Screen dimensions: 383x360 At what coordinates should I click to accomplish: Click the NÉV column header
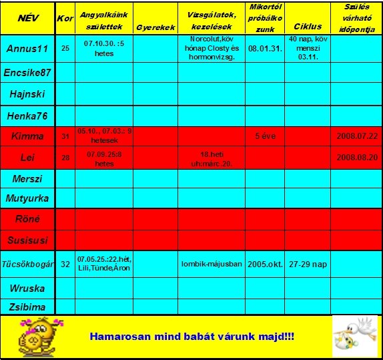click(x=27, y=18)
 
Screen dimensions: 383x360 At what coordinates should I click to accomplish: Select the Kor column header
click(x=65, y=19)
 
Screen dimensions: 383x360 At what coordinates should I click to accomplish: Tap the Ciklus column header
click(x=307, y=27)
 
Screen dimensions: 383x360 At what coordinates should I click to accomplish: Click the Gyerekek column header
click(x=155, y=28)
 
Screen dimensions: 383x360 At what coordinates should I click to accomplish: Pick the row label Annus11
click(x=27, y=49)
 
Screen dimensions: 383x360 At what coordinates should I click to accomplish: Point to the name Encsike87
click(x=27, y=72)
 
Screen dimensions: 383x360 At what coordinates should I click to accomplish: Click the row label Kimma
click(x=27, y=136)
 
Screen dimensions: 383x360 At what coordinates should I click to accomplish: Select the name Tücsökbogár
click(x=27, y=264)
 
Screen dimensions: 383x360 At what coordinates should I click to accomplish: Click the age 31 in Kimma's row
click(x=65, y=136)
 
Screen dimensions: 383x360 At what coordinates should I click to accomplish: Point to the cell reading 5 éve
click(x=266, y=136)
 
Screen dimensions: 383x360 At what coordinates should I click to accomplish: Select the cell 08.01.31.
click(x=266, y=49)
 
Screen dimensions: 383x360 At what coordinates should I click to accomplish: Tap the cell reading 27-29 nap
click(x=308, y=264)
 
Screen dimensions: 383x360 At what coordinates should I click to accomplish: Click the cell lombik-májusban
click(x=212, y=264)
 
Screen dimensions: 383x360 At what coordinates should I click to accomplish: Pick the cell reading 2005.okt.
click(x=266, y=264)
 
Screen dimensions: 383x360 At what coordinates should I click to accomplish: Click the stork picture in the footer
click(x=355, y=336)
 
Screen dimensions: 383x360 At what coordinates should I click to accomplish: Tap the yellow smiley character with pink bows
click(x=41, y=337)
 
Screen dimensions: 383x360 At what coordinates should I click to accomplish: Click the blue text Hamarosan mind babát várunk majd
click(x=191, y=336)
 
